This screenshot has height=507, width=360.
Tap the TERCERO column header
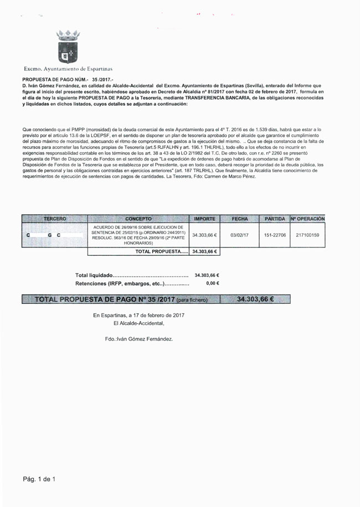55,219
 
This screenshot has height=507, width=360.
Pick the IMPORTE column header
204,219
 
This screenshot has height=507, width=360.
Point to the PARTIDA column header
275,219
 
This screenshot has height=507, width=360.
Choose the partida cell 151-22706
275,235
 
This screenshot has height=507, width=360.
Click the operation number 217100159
307,235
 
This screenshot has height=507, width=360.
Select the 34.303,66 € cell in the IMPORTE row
204,235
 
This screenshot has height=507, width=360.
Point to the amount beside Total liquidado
207,275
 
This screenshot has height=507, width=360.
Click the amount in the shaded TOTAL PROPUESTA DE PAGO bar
256,299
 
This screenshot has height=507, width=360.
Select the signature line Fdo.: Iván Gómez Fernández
138,338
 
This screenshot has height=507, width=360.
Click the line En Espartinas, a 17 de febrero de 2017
138,315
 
